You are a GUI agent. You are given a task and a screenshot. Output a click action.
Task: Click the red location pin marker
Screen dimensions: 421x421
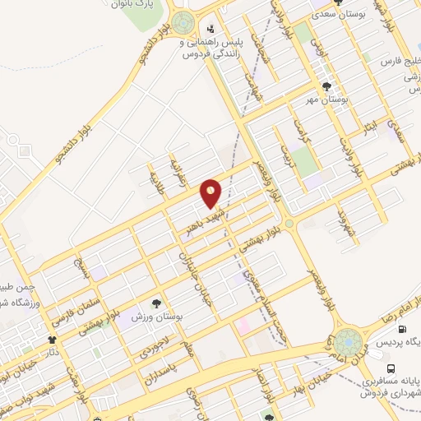click(211, 193)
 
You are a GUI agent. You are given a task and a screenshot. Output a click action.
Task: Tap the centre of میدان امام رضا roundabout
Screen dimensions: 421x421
click(349, 340)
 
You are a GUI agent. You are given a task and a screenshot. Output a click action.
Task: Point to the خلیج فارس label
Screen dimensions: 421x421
click(400, 61)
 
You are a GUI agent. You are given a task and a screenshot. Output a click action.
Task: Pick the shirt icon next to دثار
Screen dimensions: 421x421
click(53, 339)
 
